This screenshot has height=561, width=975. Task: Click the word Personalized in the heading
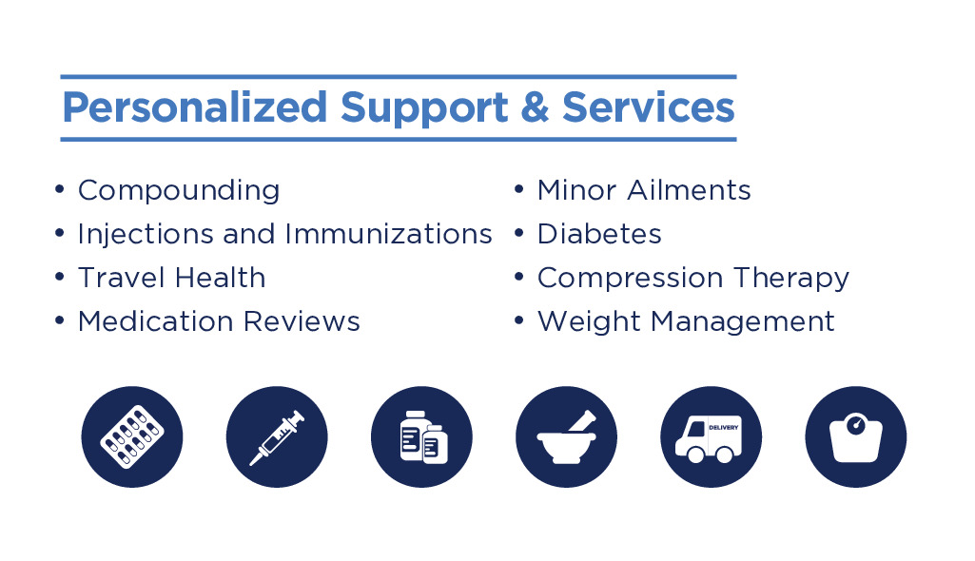[195, 108]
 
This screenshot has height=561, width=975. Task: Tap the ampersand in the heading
[535, 106]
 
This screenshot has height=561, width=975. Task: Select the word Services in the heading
[648, 106]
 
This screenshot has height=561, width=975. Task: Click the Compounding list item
[179, 191]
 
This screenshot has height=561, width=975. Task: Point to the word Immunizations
[389, 234]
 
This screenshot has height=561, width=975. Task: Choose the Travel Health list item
[171, 277]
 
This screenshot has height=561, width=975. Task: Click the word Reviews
[302, 321]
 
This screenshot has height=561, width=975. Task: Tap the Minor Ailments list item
[644, 189]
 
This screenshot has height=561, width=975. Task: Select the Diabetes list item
[599, 234]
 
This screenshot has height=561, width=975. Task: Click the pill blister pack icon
[132, 436]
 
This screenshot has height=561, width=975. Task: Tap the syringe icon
[277, 436]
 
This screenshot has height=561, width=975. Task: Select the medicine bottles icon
[421, 436]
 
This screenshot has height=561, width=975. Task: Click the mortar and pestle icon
[566, 436]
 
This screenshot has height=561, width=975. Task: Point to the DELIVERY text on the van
[723, 428]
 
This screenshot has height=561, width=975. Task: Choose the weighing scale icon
[855, 436]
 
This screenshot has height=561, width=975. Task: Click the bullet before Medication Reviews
[60, 320]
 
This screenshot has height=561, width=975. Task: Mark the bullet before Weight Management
[519, 320]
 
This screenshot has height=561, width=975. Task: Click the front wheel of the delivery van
[695, 455]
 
